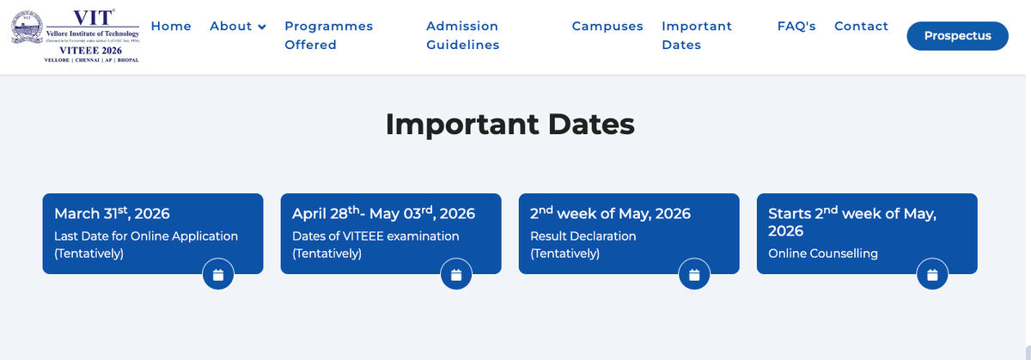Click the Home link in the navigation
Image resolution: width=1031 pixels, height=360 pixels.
point(171,26)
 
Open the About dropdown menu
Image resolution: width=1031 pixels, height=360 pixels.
point(238,26)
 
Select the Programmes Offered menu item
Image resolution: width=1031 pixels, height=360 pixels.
point(328,35)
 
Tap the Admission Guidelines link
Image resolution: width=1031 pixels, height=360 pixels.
point(462,35)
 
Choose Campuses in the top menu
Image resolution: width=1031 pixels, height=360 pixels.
point(607,26)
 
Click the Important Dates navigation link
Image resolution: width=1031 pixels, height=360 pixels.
point(697,35)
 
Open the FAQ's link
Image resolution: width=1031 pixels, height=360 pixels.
point(796,26)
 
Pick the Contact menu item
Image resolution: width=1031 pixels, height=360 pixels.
point(861,26)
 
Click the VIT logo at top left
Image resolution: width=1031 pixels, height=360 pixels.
point(75,36)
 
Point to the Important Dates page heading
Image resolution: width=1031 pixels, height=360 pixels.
point(509,124)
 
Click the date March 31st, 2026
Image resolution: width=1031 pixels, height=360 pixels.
point(112,213)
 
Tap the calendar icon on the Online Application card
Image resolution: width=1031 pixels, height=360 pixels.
point(218,275)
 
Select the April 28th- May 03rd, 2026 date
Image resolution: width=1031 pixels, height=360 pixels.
point(383,213)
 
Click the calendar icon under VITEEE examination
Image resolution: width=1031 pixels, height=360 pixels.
point(456,275)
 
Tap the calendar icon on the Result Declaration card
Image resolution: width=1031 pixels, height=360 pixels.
point(694,275)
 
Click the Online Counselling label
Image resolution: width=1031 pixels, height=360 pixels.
point(823,253)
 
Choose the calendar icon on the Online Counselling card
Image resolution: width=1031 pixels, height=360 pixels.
point(932,275)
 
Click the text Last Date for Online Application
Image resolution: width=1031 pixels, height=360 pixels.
point(146,235)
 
